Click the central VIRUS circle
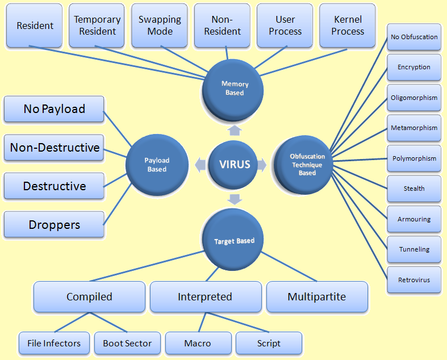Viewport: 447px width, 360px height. click(x=235, y=165)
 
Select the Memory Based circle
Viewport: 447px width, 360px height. click(x=234, y=89)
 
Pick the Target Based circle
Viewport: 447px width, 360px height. click(x=234, y=240)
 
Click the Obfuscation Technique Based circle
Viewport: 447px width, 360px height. click(x=307, y=165)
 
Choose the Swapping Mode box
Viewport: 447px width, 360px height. click(x=160, y=26)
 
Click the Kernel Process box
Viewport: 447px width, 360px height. click(x=348, y=26)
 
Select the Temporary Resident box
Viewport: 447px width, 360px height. click(x=97, y=26)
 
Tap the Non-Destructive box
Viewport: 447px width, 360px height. click(x=55, y=148)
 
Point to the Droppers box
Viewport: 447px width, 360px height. click(x=55, y=224)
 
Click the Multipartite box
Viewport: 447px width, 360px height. click(x=317, y=296)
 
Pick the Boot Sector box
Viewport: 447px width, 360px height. click(x=127, y=343)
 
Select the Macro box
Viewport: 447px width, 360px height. click(x=198, y=343)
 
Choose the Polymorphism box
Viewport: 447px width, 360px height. click(x=414, y=158)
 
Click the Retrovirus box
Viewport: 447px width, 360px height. click(x=414, y=280)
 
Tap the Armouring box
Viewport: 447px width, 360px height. click(x=414, y=219)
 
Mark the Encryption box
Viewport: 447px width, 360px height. click(x=414, y=67)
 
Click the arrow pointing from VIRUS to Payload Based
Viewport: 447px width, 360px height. click(x=199, y=165)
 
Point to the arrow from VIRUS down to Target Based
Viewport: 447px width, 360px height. click(x=234, y=199)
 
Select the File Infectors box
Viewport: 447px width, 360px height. click(x=54, y=343)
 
